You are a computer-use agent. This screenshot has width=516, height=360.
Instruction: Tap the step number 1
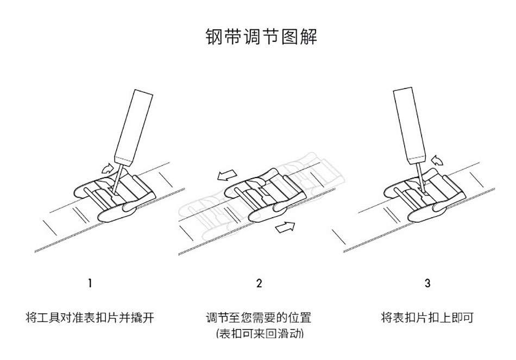click(90, 283)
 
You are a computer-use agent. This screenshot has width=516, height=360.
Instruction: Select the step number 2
click(259, 283)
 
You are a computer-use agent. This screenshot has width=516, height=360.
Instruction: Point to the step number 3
click(427, 283)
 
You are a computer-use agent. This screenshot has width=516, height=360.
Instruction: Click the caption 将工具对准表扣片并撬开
click(90, 317)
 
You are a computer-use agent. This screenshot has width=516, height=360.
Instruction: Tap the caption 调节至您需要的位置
click(259, 317)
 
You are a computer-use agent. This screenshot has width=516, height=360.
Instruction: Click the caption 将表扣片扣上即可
click(427, 317)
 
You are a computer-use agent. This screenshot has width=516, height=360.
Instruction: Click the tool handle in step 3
click(409, 123)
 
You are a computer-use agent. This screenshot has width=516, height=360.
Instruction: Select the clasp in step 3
click(424, 193)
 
